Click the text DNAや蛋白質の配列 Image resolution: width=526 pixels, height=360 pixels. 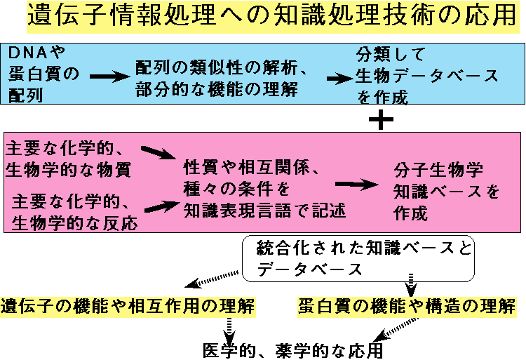[x=41, y=74]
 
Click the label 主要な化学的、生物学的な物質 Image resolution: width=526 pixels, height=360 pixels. [x=68, y=159]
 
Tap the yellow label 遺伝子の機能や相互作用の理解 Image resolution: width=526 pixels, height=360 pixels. [x=128, y=307]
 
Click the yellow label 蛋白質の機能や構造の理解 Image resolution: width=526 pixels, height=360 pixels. [x=407, y=307]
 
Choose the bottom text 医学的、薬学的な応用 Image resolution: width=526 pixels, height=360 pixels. [x=293, y=349]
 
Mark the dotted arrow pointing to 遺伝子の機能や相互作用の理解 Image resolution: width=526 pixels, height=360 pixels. [x=213, y=280]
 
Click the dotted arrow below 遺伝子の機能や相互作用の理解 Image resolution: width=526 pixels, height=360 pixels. [x=228, y=328]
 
